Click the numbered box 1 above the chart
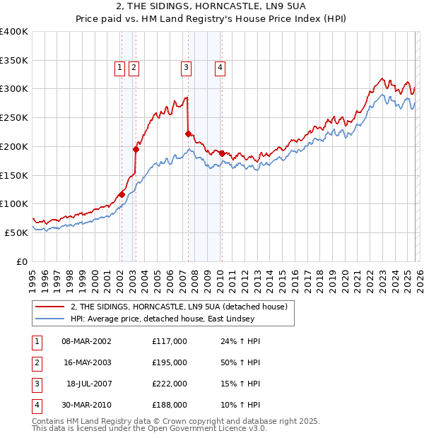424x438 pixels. [119, 68]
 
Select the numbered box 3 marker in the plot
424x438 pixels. [186, 68]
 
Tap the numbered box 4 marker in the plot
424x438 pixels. [220, 68]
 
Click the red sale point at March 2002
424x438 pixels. [122, 194]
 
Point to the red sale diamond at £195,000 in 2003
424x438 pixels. [136, 149]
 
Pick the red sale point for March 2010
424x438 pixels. [222, 153]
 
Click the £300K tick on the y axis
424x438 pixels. [14, 89]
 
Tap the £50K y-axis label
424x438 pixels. [16, 232]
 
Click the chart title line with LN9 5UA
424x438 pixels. [211, 7]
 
